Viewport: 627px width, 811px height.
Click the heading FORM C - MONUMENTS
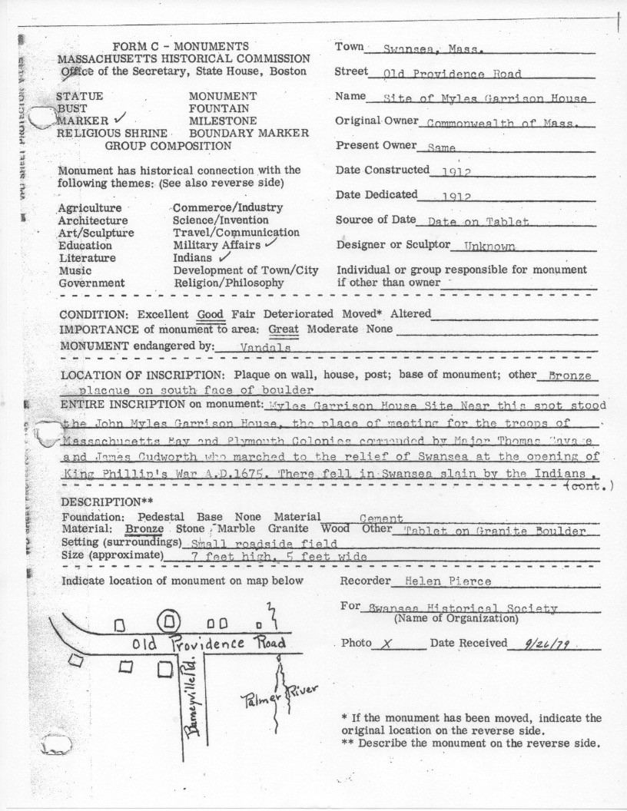coord(180,46)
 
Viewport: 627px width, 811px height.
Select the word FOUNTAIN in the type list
coord(218,109)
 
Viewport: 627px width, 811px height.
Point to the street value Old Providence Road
coord(452,74)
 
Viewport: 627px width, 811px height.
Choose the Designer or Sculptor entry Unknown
coord(489,247)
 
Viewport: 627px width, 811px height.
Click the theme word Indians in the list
coord(192,258)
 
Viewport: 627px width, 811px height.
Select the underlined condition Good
coord(210,314)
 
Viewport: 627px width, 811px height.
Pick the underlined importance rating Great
coord(284,329)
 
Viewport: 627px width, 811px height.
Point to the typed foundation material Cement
coord(381,519)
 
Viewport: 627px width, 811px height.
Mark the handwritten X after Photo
coord(387,644)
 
